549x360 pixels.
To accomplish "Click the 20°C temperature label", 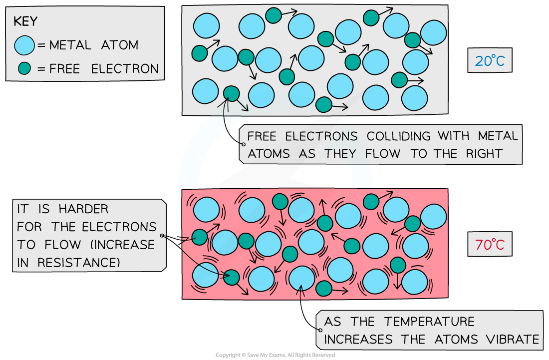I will (490, 61).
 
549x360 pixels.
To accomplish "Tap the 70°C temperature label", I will (490, 245).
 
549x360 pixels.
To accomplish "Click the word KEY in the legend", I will (25, 21).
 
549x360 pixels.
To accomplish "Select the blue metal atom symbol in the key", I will (24, 45).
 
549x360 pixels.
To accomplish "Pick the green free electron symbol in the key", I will (24, 69).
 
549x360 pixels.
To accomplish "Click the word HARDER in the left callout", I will (83, 209).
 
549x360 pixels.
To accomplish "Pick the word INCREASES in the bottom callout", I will (359, 340).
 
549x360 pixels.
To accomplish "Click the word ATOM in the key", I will (119, 45).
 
